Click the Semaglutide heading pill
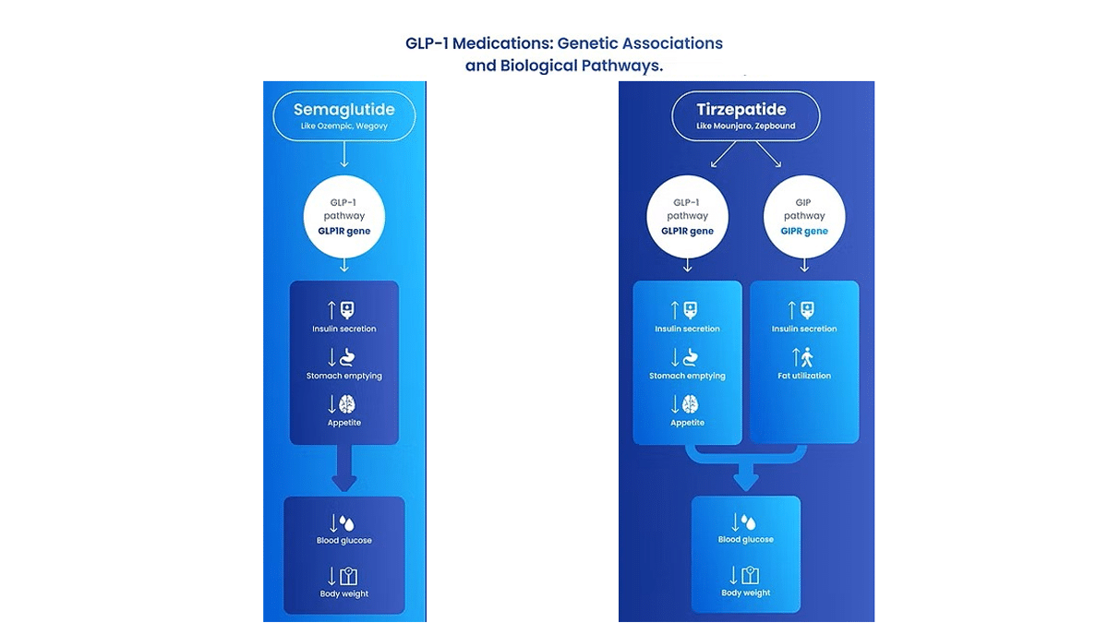pyautogui.click(x=344, y=115)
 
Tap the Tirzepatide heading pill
pyautogui.click(x=745, y=115)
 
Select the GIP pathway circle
pyautogui.click(x=804, y=217)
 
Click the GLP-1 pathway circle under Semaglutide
pyautogui.click(x=344, y=217)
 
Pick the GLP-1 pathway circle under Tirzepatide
pyautogui.click(x=688, y=217)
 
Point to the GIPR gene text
pyautogui.click(x=804, y=231)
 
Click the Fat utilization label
pyautogui.click(x=804, y=376)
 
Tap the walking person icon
pyautogui.click(x=807, y=357)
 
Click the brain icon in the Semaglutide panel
pyautogui.click(x=347, y=404)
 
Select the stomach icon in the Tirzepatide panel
pyautogui.click(x=691, y=357)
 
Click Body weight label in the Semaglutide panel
pyautogui.click(x=344, y=593)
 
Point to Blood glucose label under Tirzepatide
pyautogui.click(x=746, y=539)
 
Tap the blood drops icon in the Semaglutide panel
pyautogui.click(x=347, y=523)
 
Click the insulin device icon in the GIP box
pyautogui.click(x=807, y=310)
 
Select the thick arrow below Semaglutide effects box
pyautogui.click(x=344, y=468)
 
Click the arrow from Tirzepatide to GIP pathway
pyautogui.click(x=768, y=154)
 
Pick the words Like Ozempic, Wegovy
pyautogui.click(x=344, y=126)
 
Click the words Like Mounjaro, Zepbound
pyautogui.click(x=746, y=126)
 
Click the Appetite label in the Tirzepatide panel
pyautogui.click(x=688, y=423)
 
